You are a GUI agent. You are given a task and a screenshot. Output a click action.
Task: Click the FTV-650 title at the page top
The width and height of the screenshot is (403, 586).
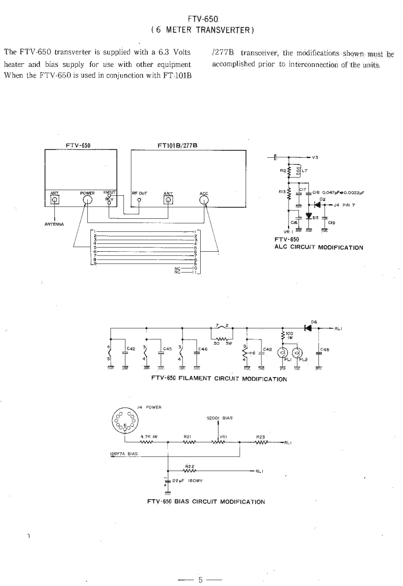pos(202,19)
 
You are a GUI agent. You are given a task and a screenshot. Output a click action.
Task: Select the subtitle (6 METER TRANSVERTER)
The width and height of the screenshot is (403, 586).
pos(202,29)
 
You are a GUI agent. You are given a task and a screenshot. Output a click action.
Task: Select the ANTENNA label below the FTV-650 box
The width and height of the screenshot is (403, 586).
pos(54,225)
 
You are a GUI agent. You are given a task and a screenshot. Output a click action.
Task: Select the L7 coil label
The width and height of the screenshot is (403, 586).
pos(305,171)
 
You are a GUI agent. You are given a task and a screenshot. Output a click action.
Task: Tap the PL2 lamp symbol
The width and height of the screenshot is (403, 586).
pos(297,353)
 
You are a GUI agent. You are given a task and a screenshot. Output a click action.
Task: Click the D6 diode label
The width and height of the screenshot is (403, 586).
pos(314,322)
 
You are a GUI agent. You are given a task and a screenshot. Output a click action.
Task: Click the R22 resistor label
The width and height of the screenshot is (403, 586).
pos(190,465)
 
